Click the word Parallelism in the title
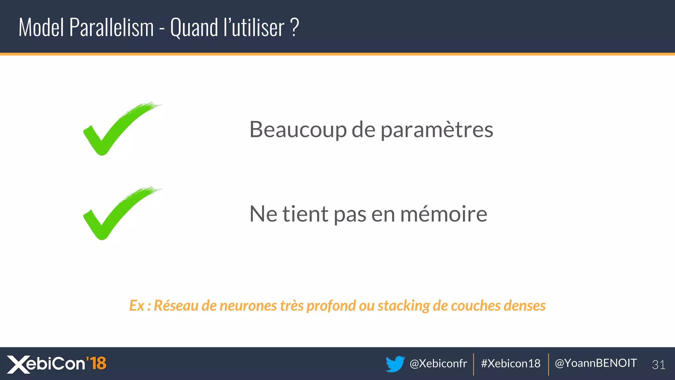pos(111,28)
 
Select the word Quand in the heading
pos(194,28)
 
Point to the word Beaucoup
pos(298,130)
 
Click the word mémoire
pos(443,214)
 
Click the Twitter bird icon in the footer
pos(395,364)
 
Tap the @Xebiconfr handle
pos(438,364)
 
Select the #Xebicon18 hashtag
pos(511,364)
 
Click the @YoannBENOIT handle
pos(596,363)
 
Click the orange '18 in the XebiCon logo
pos(96,363)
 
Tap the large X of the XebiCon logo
pos(18,364)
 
